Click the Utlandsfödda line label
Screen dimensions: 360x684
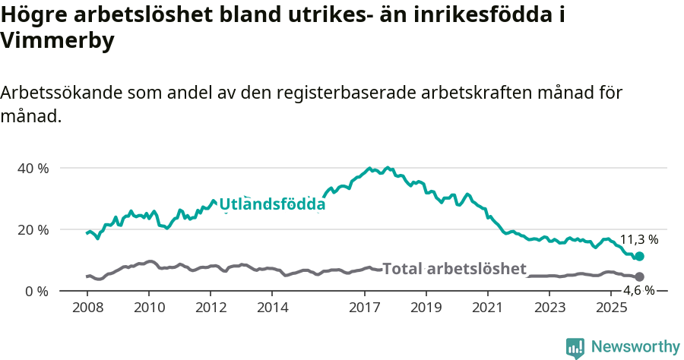point(272,204)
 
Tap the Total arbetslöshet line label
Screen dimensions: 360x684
point(454,268)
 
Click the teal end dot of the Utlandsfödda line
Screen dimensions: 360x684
point(639,257)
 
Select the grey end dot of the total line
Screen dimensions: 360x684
point(639,277)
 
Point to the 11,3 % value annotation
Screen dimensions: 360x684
point(638,239)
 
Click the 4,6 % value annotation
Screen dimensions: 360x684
point(638,291)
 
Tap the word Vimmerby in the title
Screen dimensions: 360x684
point(58,42)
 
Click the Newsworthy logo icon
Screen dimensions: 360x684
point(575,347)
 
